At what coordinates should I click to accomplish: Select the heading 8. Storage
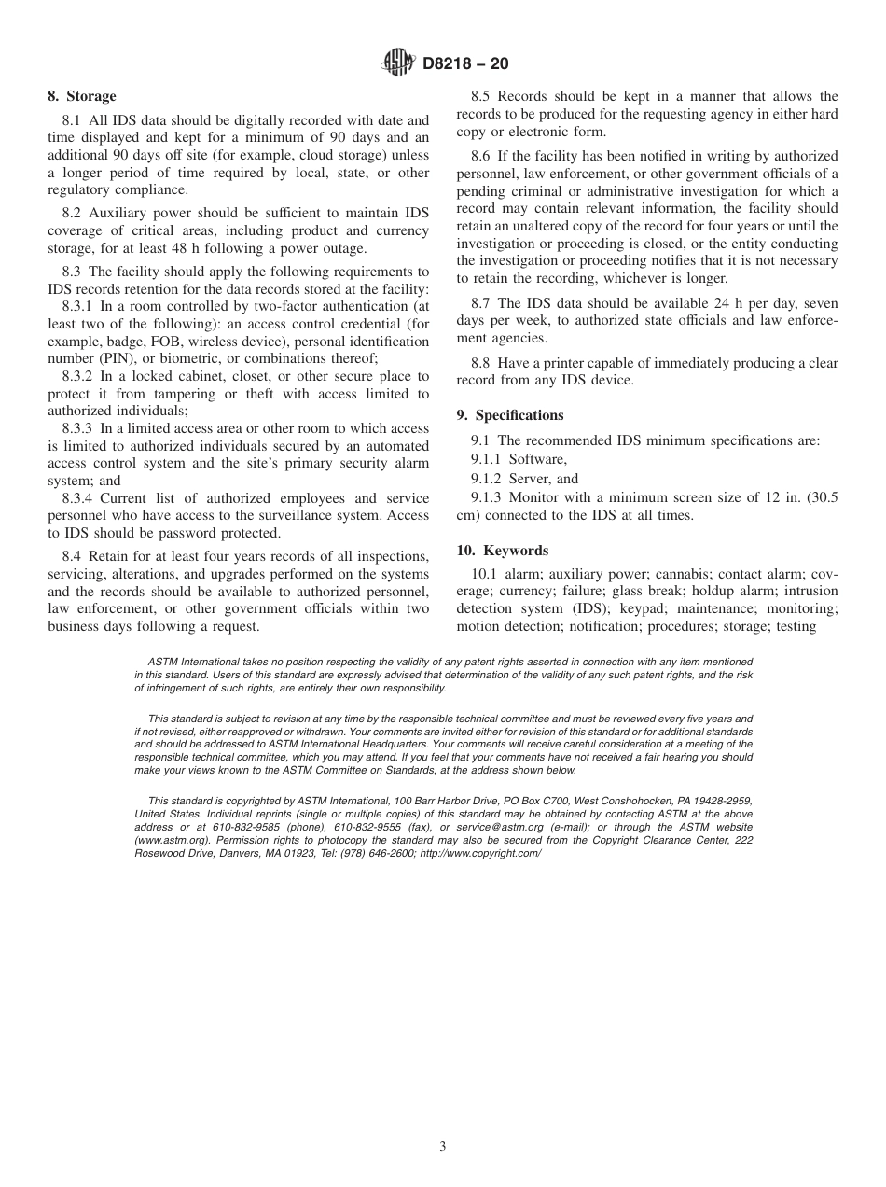click(82, 96)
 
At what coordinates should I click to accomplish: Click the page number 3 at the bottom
click(443, 1147)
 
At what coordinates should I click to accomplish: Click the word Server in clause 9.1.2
click(530, 479)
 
